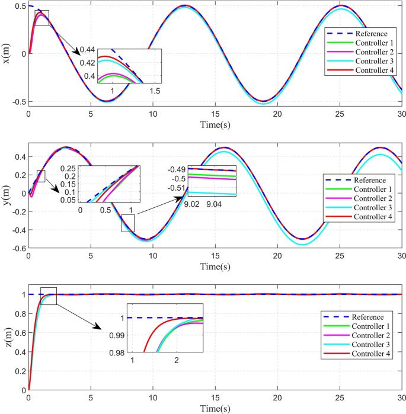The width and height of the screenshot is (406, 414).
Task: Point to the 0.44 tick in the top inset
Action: pyautogui.click(x=88, y=49)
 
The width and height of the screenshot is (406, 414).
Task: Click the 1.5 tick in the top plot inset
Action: pyautogui.click(x=154, y=91)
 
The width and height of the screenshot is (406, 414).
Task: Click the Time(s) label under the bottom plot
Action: pyautogui.click(x=215, y=409)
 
